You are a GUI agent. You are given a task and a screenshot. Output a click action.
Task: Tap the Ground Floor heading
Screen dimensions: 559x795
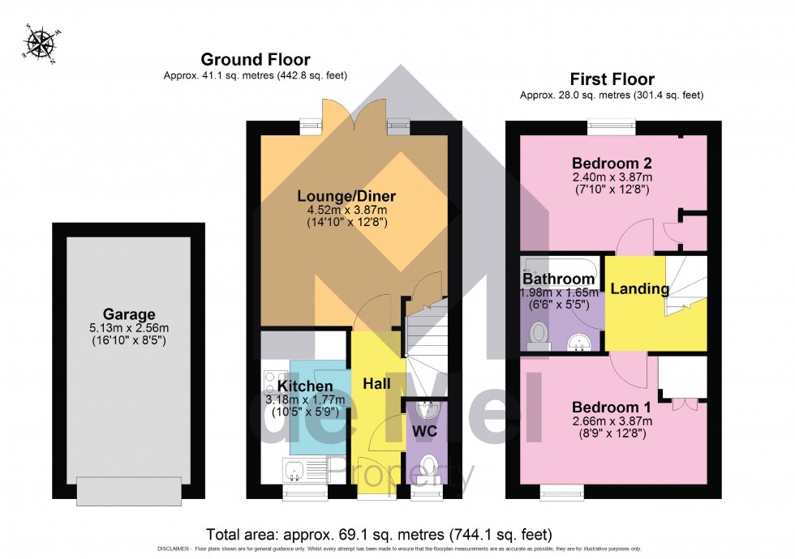pyautogui.click(x=255, y=59)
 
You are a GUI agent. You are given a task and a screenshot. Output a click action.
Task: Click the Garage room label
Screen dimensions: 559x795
pyautogui.click(x=128, y=314)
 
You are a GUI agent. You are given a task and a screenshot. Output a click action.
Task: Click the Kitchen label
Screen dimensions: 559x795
pyautogui.click(x=305, y=386)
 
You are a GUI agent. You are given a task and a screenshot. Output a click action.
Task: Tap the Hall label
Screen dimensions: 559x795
pyautogui.click(x=376, y=382)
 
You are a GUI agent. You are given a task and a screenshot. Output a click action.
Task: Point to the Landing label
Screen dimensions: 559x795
pyautogui.click(x=640, y=288)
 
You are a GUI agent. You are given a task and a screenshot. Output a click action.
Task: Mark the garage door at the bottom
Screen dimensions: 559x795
pyautogui.click(x=128, y=490)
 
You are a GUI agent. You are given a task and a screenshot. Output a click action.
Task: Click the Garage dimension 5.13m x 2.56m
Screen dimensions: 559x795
pyautogui.click(x=128, y=328)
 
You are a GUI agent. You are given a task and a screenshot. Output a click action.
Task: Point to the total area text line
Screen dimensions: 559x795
pyautogui.click(x=379, y=535)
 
